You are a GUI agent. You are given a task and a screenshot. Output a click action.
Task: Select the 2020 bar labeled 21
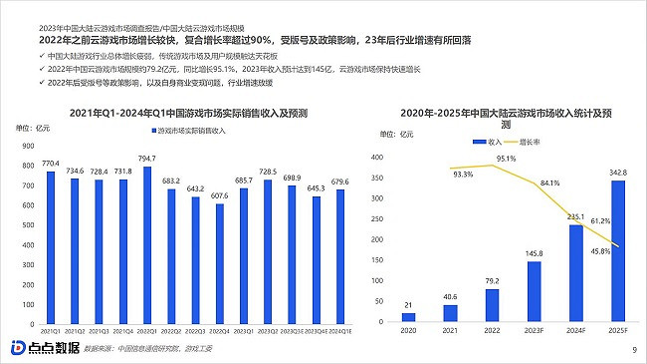pyautogui.click(x=407, y=314)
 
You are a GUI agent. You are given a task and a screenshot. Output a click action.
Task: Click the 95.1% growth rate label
pyautogui.click(x=506, y=160)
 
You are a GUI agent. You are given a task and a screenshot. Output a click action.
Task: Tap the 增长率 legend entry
pyautogui.click(x=534, y=143)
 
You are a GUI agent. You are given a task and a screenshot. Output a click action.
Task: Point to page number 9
pyautogui.click(x=634, y=349)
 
